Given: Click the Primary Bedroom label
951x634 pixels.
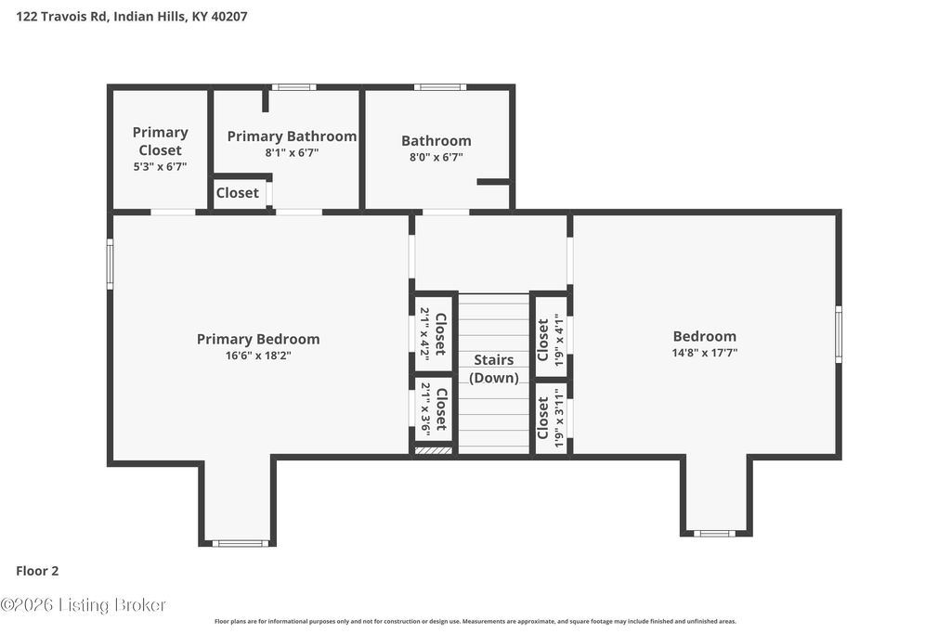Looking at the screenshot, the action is pyautogui.click(x=258, y=339).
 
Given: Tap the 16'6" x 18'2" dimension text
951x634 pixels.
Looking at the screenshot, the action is pyautogui.click(x=258, y=356).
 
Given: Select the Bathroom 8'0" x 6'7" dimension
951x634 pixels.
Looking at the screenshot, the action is pyautogui.click(x=436, y=157).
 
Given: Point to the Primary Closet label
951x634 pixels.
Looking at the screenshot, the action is pyautogui.click(x=160, y=140).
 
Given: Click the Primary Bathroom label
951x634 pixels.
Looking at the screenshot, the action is pyautogui.click(x=292, y=136).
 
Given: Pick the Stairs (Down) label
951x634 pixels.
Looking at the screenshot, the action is pyautogui.click(x=494, y=369).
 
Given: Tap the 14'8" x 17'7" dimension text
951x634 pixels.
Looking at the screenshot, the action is pyautogui.click(x=705, y=352).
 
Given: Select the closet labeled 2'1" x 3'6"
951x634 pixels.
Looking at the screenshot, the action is pyautogui.click(x=434, y=409).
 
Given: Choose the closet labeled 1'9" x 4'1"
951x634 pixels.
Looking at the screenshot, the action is pyautogui.click(x=550, y=340).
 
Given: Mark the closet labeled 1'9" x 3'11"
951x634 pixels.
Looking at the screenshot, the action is pyautogui.click(x=550, y=419).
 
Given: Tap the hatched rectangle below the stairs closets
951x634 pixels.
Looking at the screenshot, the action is pyautogui.click(x=434, y=450).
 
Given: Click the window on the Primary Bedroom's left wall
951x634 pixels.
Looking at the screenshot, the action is pyautogui.click(x=110, y=264).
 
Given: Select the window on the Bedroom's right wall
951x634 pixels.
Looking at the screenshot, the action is pyautogui.click(x=839, y=334).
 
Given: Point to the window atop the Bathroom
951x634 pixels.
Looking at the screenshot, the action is pyautogui.click(x=440, y=87).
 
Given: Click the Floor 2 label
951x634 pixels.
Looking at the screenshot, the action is pyautogui.click(x=37, y=571).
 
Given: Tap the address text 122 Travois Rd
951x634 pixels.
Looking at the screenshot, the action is pyautogui.click(x=62, y=17).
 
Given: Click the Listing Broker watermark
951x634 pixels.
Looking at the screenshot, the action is pyautogui.click(x=83, y=605).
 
